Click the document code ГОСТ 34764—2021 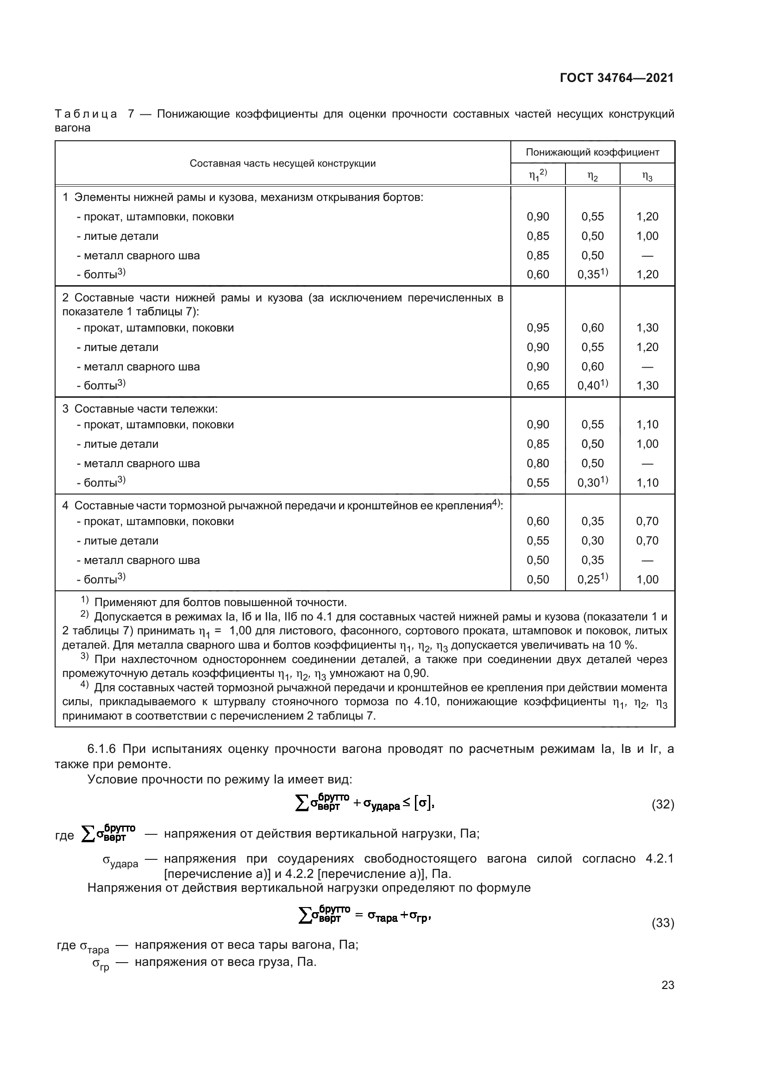coord(616,78)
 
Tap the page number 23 coord(667,985)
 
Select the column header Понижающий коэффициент coord(592,152)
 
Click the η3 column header coord(647,176)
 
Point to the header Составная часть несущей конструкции coord(283,163)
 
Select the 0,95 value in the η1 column coord(538,328)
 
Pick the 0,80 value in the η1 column coord(538,463)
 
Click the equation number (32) coord(662,804)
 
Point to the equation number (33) coord(662,923)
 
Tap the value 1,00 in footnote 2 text coord(242,631)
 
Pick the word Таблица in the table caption coord(86,114)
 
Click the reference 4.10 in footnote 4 coord(426,701)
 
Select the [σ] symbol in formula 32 coord(422,803)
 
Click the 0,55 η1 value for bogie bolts coord(538,482)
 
